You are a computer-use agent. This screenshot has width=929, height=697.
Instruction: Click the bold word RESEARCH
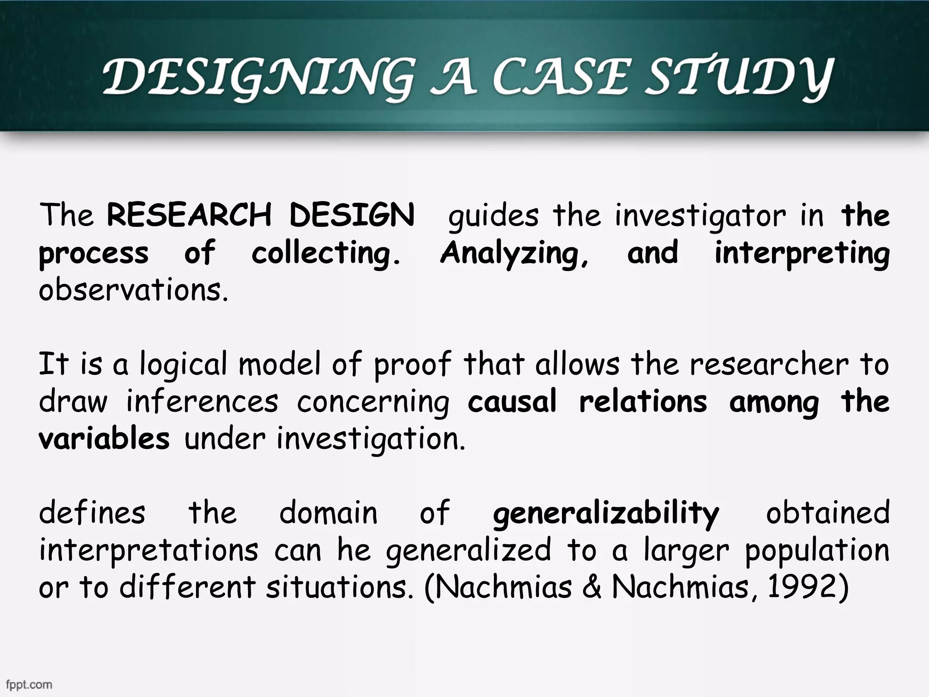(x=189, y=215)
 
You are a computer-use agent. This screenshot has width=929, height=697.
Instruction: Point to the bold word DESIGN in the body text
(x=352, y=215)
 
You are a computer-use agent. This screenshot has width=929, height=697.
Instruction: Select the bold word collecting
(x=326, y=253)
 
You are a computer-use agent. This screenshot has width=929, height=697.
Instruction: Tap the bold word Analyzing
(x=514, y=253)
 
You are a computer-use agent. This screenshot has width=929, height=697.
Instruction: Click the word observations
(x=133, y=290)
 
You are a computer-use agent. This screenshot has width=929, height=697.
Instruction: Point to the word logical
(x=183, y=365)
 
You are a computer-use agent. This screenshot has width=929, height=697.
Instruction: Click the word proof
(x=412, y=365)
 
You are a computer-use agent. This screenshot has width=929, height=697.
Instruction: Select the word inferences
(x=202, y=402)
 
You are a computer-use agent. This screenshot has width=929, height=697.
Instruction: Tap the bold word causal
(x=512, y=402)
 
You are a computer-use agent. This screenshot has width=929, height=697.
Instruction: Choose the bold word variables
(x=104, y=439)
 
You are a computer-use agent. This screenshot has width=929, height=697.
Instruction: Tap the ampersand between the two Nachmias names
(x=592, y=587)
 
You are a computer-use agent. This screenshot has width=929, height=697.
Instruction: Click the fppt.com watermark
(x=29, y=685)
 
